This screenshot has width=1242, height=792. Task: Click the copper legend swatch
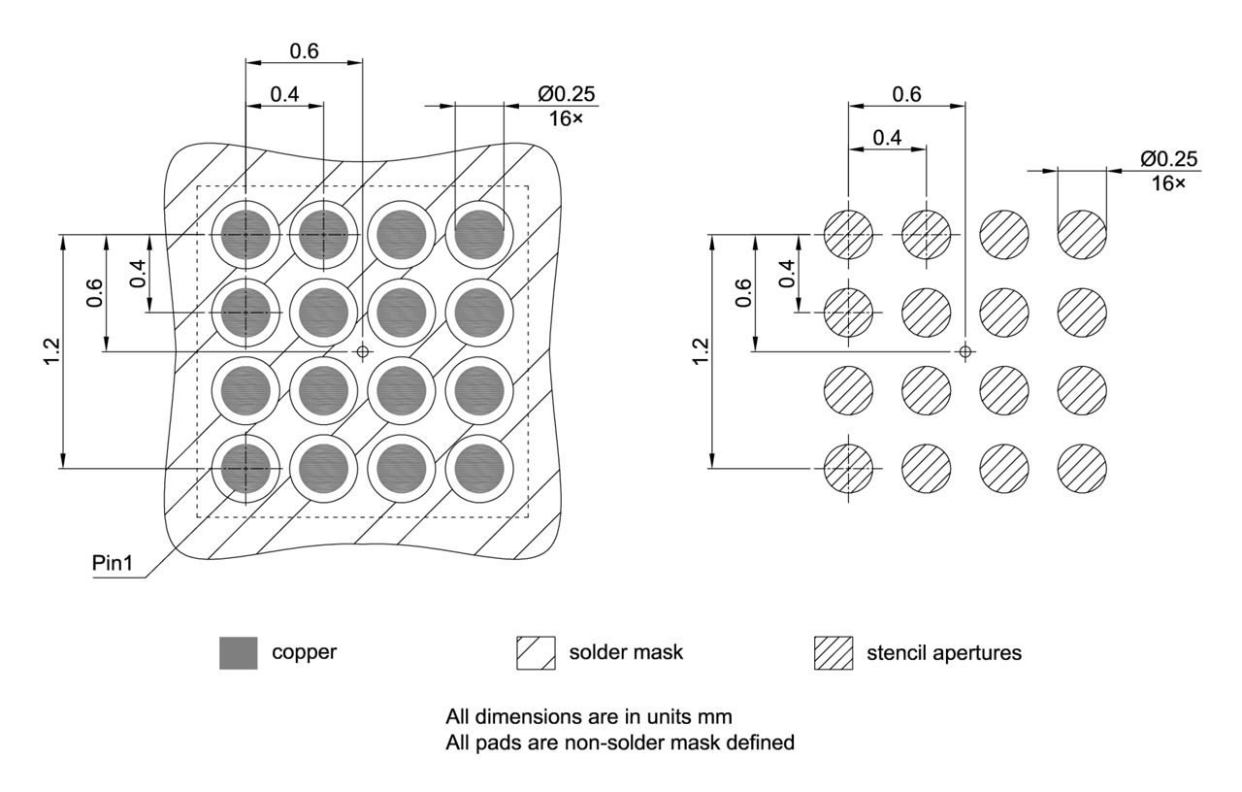click(x=238, y=653)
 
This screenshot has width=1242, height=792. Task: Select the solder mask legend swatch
click(x=535, y=653)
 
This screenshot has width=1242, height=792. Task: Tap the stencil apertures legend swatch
click(x=833, y=653)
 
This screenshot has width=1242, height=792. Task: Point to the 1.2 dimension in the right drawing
click(x=701, y=350)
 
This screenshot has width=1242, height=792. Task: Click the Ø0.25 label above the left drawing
click(x=567, y=94)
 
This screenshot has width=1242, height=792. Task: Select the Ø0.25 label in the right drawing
click(x=1168, y=159)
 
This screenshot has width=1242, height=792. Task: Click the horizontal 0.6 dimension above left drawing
click(x=304, y=51)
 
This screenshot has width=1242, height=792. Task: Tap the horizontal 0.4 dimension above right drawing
click(x=887, y=137)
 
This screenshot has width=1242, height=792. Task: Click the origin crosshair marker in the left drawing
click(x=363, y=350)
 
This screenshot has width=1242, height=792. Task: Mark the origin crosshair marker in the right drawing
click(x=964, y=350)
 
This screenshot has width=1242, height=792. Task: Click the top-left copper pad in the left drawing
click(x=245, y=234)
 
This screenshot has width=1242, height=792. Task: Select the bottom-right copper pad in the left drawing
click(x=479, y=468)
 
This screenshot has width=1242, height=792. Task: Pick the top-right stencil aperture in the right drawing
click(x=1081, y=234)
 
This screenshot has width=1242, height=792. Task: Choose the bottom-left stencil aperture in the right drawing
click(x=848, y=468)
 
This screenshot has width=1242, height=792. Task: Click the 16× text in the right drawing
click(x=1167, y=183)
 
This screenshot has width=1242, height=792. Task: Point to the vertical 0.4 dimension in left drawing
click(x=138, y=274)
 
